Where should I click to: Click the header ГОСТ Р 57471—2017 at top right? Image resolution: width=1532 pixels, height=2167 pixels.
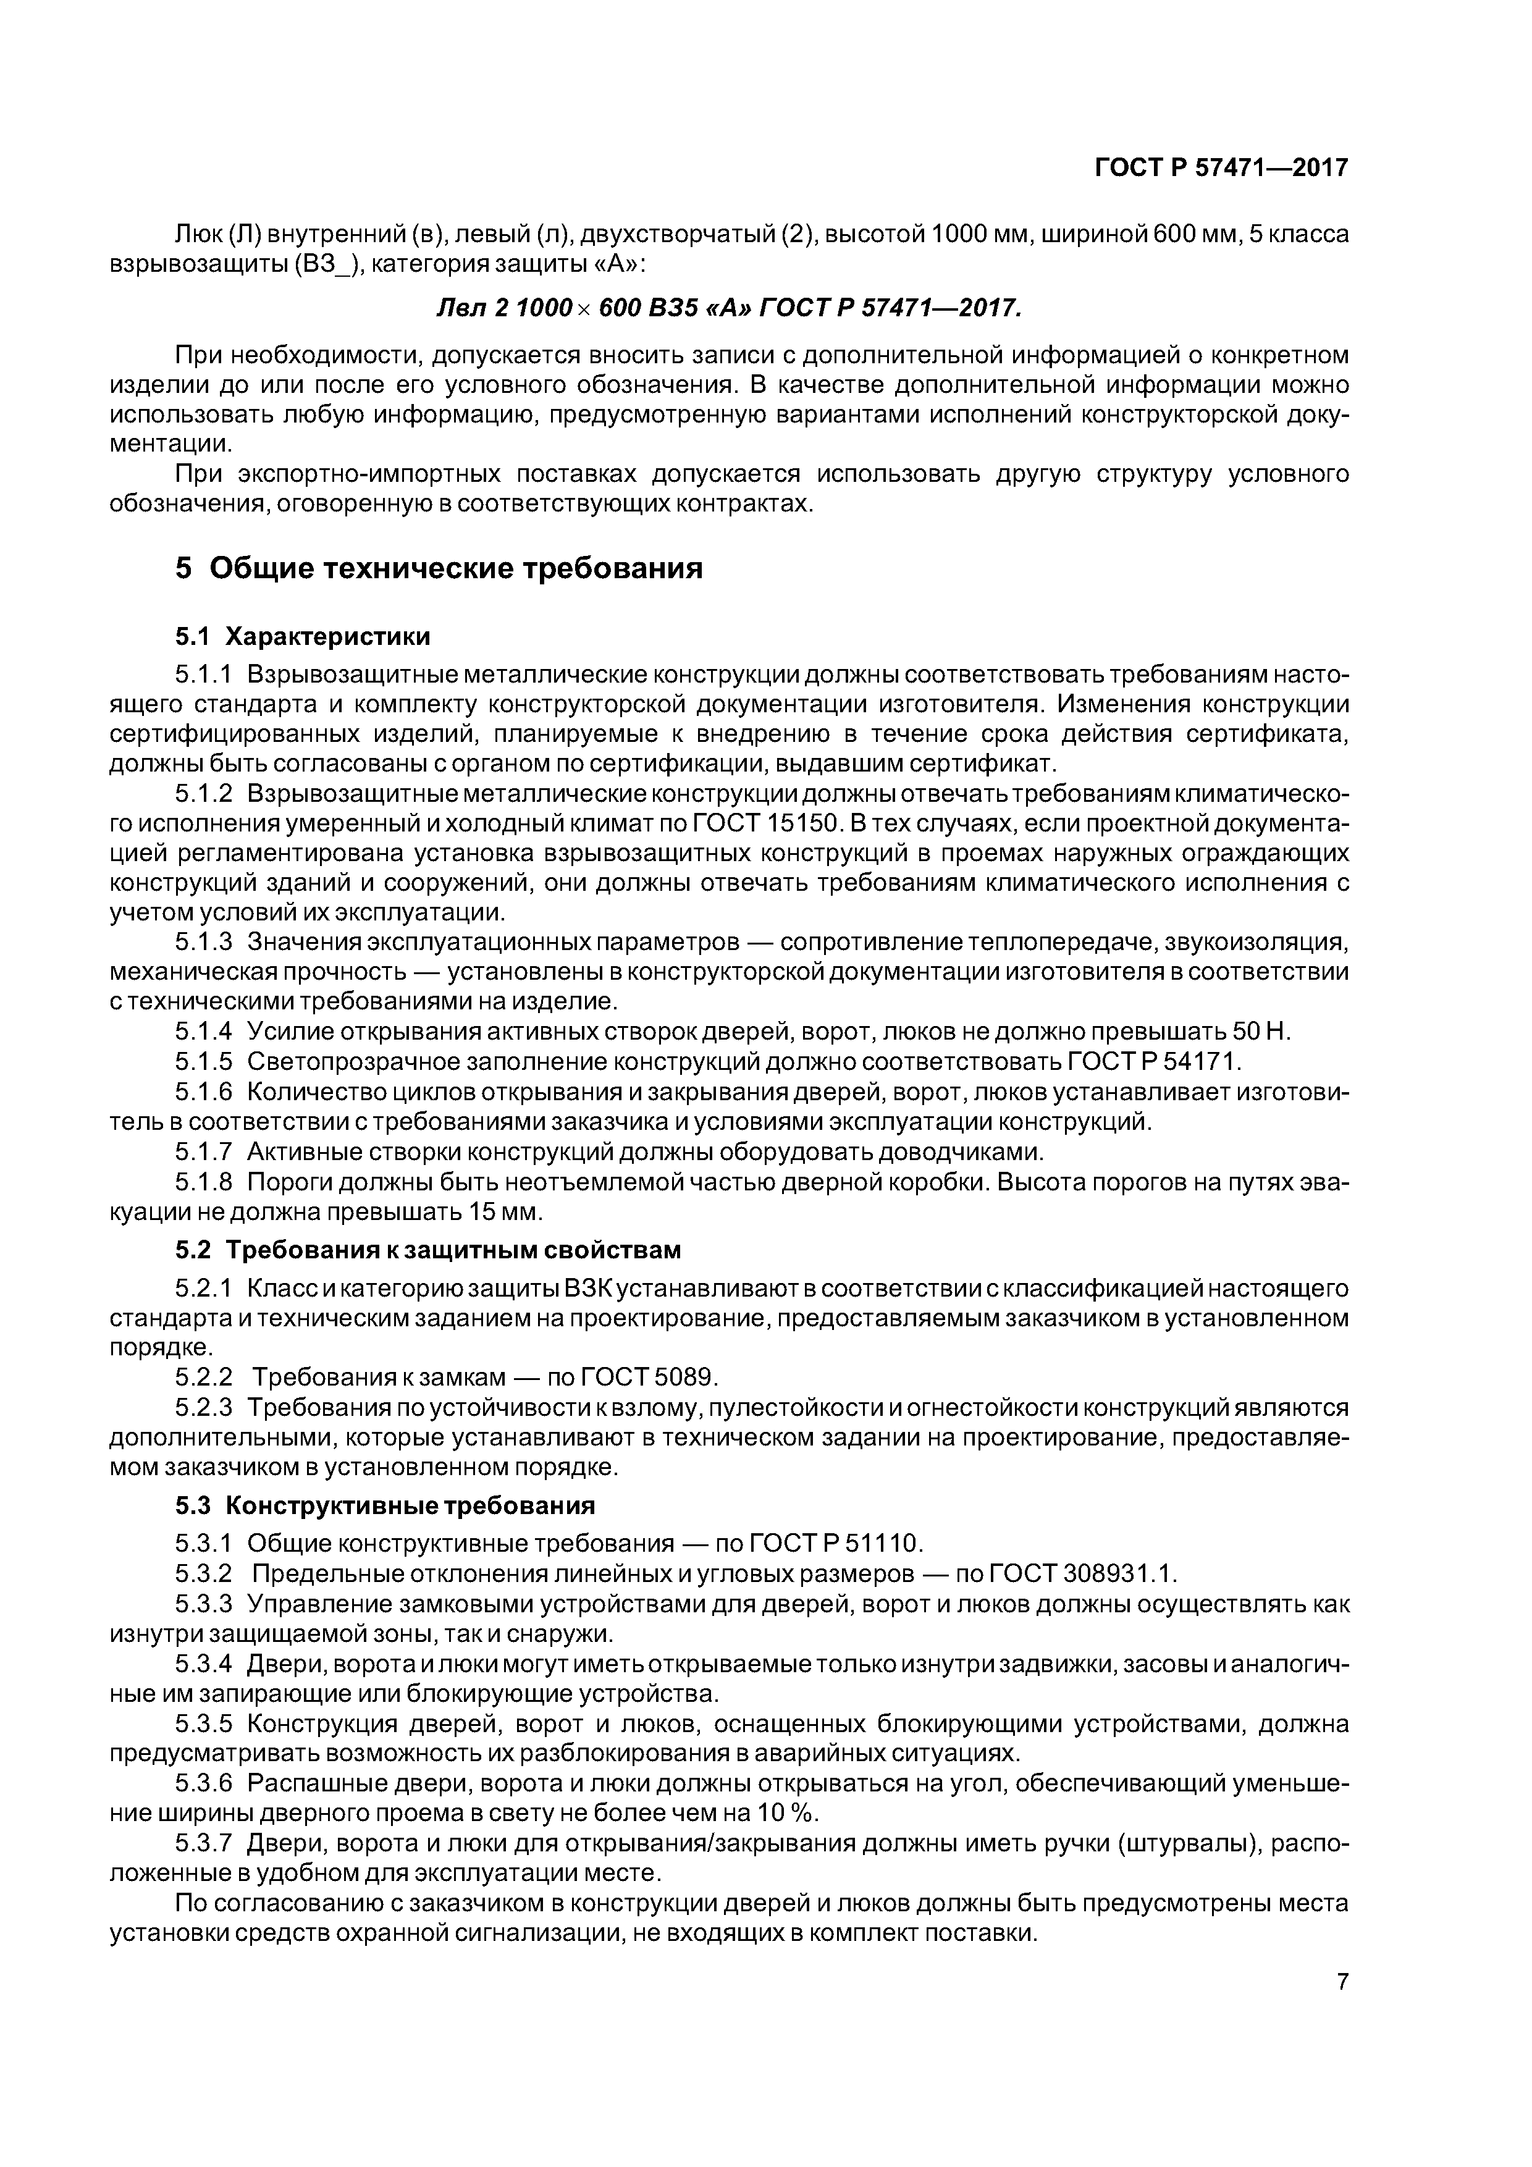[1221, 168]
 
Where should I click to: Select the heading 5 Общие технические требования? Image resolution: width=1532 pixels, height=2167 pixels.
[439, 568]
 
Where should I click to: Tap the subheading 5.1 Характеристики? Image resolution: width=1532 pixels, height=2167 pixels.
[302, 637]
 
